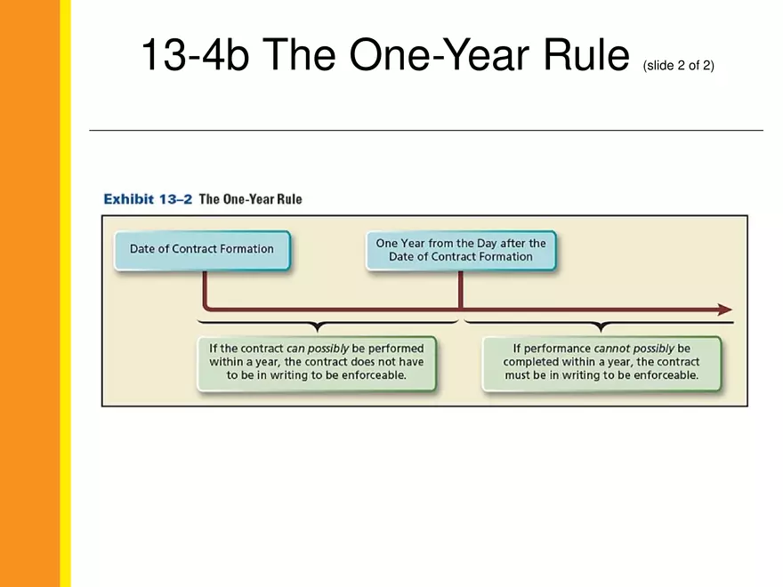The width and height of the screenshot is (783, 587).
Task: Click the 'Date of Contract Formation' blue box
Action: coord(202,251)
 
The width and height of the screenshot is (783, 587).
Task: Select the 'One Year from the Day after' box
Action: coord(461,251)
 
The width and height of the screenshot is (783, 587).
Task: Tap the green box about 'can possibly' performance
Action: coord(317,363)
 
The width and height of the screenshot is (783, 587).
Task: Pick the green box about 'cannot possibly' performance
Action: coord(601,363)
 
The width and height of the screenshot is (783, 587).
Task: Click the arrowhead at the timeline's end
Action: coord(725,310)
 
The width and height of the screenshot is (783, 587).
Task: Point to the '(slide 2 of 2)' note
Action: coord(679,66)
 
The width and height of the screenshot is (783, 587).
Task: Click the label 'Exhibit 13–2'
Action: coord(148,199)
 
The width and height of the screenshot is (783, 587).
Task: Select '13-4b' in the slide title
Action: coord(195,55)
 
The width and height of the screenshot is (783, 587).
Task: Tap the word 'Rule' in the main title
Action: coord(586,54)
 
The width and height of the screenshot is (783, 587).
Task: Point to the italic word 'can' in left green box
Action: coord(295,349)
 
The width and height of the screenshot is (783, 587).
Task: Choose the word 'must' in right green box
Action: coord(517,375)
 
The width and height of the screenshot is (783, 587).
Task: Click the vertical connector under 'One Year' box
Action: coord(460,291)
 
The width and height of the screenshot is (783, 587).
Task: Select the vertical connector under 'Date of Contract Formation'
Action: coord(205,290)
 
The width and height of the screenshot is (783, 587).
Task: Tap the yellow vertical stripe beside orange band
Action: coord(66,293)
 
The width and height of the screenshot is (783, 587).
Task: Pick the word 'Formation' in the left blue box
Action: coord(247,248)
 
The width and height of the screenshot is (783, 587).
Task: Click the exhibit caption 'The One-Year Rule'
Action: coord(251,199)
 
